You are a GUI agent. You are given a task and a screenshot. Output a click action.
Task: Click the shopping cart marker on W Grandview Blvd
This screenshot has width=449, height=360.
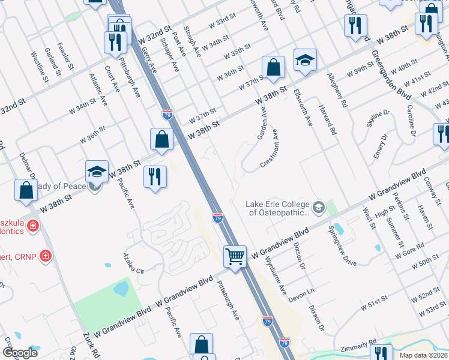click(235, 256)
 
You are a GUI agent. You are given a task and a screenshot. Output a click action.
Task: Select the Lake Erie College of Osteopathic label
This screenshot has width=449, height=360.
click(279, 208)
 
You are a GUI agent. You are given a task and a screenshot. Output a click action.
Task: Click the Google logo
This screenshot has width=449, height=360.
click(20, 352)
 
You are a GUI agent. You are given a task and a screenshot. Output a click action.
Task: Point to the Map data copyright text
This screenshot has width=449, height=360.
click(423, 355)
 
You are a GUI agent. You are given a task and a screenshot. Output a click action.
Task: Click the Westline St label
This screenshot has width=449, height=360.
click(40, 66)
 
